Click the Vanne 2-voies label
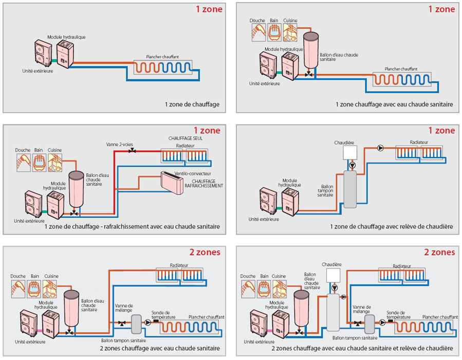point(119,145)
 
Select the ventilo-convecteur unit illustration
point(172,183)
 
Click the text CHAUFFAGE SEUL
point(186,138)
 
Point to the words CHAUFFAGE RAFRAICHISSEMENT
point(204,184)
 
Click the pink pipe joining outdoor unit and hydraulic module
point(40,331)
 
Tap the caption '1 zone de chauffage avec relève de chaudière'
point(391,226)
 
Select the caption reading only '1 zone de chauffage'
point(192,104)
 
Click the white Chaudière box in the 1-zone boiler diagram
point(350,152)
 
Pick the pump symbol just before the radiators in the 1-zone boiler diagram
point(380,148)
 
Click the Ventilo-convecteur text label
point(193,174)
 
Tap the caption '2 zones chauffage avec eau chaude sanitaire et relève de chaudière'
point(362,348)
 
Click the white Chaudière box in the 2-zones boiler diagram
point(333,275)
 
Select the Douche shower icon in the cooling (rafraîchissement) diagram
point(24,163)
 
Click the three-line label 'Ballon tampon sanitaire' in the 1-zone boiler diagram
point(325,190)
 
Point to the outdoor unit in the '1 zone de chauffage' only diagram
point(43,52)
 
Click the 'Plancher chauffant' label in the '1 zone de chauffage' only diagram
point(162,57)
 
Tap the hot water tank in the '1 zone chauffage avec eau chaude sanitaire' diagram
point(311,49)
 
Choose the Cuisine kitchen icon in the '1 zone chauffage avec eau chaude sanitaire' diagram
point(290,32)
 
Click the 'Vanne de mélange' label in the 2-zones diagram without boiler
point(124,308)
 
